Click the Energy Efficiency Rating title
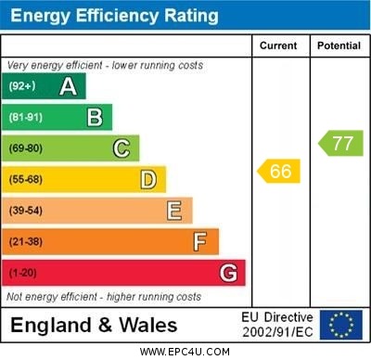[114, 16]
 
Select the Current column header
[278, 45]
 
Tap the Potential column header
[339, 45]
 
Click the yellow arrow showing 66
[279, 171]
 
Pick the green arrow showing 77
[340, 143]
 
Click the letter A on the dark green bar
[68, 87]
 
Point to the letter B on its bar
[95, 117]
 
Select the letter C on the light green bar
[122, 148]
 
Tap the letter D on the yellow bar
[148, 179]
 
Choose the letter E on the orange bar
[174, 211]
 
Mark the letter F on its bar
[200, 242]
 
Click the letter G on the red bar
[228, 274]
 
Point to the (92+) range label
[22, 87]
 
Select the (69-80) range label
[26, 148]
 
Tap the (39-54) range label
[26, 211]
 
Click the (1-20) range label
[23, 274]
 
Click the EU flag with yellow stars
[341, 325]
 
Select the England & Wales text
[94, 326]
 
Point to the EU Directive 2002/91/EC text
[277, 325]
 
